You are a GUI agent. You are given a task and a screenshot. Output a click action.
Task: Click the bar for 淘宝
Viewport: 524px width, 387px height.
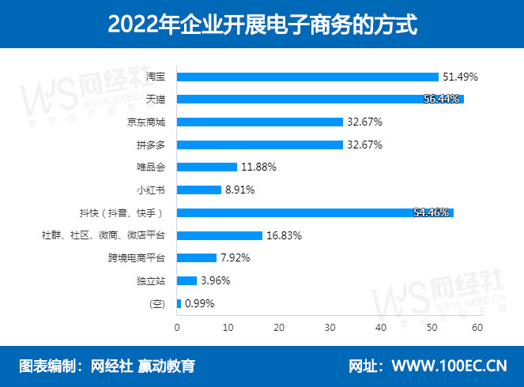307,77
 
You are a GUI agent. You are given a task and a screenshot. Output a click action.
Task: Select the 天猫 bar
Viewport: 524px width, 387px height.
320,100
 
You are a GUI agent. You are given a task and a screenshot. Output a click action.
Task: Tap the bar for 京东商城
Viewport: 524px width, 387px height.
259,122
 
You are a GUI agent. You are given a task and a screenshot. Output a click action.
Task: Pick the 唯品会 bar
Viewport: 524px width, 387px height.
207,167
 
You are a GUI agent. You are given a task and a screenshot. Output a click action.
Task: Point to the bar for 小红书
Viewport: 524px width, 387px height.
199,190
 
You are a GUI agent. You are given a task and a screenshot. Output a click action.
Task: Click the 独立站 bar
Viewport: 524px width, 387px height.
187,280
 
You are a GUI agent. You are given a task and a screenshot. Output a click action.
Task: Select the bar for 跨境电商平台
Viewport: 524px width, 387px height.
197,258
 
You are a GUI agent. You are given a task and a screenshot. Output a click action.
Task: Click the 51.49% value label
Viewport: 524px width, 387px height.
460,77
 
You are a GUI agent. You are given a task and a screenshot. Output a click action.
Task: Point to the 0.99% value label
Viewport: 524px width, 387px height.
198,303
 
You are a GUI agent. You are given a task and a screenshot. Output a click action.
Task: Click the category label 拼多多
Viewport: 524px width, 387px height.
150,145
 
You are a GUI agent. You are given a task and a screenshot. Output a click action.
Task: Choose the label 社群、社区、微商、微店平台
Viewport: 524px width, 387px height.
103,235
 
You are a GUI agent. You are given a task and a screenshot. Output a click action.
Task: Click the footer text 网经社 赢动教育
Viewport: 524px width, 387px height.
143,366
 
